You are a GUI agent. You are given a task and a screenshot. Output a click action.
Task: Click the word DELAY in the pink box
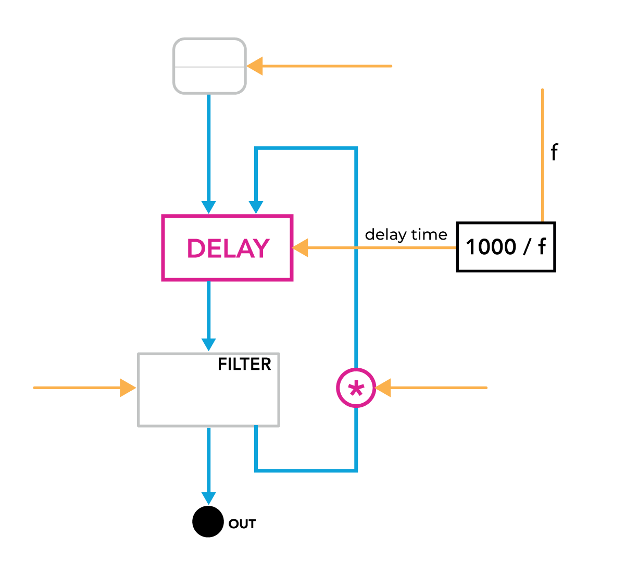point(228,248)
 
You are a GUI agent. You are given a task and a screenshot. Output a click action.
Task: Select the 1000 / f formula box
point(506,247)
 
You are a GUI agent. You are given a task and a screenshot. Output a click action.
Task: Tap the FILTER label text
point(244,364)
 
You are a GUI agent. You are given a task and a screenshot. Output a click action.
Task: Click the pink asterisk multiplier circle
point(356,388)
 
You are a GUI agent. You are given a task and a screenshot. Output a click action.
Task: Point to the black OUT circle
point(208,521)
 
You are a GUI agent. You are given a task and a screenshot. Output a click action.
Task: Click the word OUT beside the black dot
point(242,524)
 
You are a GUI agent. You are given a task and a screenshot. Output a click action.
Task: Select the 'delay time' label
point(406,235)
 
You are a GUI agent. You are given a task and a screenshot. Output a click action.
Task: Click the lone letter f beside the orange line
point(554,153)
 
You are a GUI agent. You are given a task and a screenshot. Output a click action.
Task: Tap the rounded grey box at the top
point(209,66)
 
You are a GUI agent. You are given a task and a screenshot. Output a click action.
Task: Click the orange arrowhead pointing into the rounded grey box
point(255,66)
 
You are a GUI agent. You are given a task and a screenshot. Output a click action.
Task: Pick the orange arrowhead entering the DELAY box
point(301,247)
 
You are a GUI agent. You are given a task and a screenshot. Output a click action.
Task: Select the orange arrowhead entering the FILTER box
point(128,388)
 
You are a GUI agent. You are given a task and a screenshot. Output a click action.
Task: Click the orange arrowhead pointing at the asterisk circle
point(383,388)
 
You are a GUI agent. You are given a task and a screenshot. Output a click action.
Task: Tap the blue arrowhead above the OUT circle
point(208,498)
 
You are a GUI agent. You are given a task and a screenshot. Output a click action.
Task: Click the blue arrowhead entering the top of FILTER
point(208,344)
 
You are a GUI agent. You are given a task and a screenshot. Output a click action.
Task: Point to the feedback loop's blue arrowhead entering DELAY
point(256,207)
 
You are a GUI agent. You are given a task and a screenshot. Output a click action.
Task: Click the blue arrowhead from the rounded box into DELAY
point(208,207)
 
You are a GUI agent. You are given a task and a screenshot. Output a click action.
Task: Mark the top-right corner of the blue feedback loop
point(356,149)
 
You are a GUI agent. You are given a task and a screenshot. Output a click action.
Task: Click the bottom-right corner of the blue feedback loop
point(356,470)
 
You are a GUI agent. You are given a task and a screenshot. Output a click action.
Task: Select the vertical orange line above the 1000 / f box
point(542,156)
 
